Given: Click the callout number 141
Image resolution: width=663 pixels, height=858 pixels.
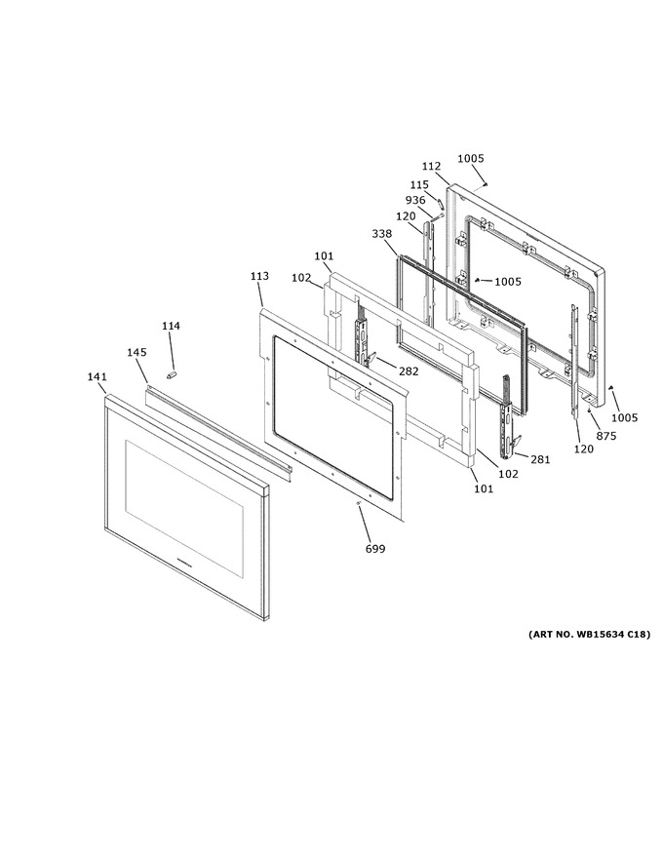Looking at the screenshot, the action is coord(97,377).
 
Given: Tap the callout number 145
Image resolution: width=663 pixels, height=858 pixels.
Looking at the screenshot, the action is coord(136,352).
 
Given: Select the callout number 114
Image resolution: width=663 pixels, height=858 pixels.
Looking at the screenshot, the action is coord(171,326).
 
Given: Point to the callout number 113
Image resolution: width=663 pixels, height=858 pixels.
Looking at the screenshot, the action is coord(260,276).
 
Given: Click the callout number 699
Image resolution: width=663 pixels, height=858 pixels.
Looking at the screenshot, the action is coord(375,549).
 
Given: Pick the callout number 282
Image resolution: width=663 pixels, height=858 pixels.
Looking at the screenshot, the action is coord(409,371).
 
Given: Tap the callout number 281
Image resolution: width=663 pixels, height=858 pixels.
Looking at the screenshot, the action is coord(540,459).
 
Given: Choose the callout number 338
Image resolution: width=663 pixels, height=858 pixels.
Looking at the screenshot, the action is coord(381,234).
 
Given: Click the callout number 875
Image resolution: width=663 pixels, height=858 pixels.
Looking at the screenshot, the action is coord(606,436).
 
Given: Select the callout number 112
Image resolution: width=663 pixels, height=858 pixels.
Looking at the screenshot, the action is coord(431,167).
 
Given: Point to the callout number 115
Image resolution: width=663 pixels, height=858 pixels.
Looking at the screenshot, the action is coord(419,185).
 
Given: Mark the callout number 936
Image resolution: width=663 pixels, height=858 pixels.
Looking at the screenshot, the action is coord(415,200).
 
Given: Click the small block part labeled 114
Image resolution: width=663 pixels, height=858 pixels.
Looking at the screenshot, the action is coord(171,374).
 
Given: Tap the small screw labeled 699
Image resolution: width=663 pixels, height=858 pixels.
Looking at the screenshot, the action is coord(358,503).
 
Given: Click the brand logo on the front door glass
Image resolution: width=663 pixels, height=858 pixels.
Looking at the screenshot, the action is coord(186,562).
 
